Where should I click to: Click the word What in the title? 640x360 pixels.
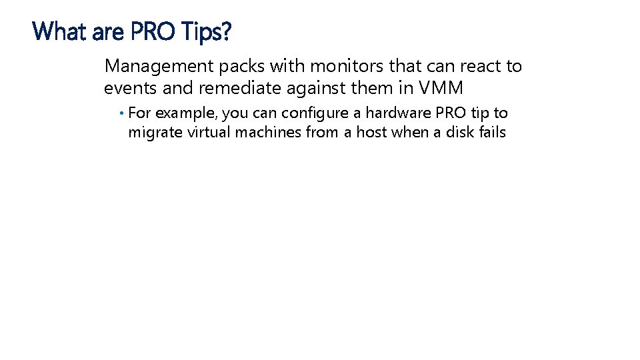(59, 31)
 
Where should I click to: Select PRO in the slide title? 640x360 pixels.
(150, 31)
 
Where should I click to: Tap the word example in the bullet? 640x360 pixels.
(183, 113)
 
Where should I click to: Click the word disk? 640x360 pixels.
(459, 132)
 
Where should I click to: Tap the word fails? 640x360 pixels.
(493, 132)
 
